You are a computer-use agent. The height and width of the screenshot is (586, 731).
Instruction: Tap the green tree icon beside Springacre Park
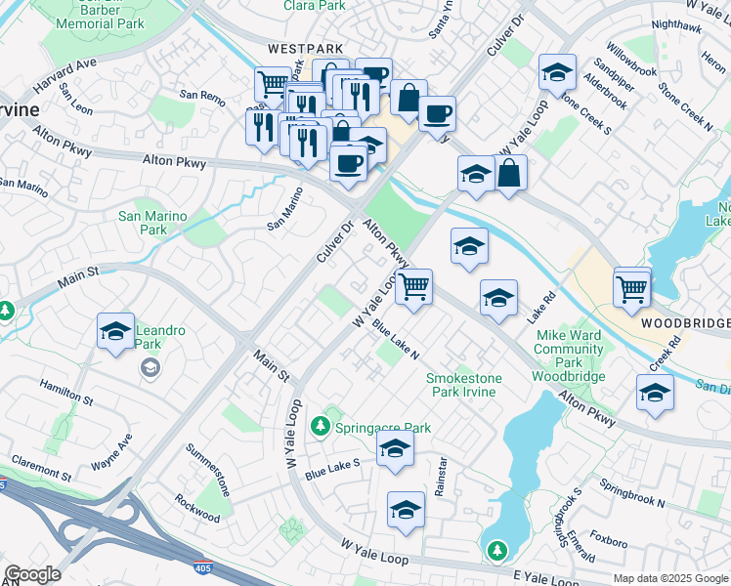pos(320,426)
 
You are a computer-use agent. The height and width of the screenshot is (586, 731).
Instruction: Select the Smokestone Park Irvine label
pos(460,385)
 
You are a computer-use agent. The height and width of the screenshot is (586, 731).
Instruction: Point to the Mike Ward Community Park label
pos(570,349)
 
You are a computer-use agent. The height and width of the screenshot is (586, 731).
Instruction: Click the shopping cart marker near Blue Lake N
pos(414,287)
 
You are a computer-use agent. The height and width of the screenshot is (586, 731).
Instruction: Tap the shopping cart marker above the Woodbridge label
pos(632,288)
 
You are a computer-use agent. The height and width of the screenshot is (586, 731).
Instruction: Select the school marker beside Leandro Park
pos(115,332)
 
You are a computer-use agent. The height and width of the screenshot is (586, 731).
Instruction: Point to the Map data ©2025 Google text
pos(670,578)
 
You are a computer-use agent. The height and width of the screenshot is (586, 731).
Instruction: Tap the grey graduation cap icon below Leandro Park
pos(150,367)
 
